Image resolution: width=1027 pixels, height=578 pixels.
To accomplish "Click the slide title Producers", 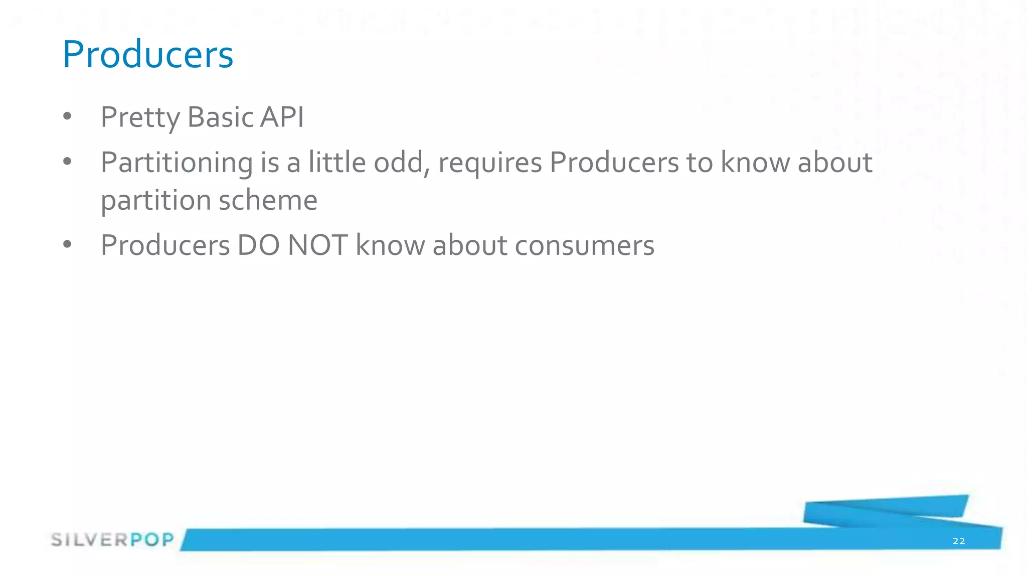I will click(147, 54).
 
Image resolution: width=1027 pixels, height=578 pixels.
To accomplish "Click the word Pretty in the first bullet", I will click(140, 117).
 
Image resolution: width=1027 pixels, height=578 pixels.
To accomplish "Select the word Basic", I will click(220, 117).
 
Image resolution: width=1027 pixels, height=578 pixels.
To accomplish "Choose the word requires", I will click(490, 163).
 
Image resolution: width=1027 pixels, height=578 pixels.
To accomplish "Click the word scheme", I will click(268, 200).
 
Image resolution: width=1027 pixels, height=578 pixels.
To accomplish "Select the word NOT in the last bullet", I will click(317, 245).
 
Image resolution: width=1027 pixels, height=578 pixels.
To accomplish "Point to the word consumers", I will click(584, 246).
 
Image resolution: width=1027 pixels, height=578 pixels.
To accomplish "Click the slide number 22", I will click(958, 541).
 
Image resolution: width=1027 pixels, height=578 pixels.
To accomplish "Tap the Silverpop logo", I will click(112, 540).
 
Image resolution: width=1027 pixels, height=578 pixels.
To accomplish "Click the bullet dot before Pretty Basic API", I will click(67, 117).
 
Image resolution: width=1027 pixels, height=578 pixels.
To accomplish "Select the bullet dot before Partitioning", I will click(67, 162).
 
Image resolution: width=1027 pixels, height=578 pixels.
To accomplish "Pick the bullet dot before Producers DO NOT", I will click(67, 244).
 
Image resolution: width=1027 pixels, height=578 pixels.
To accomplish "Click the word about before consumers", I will click(470, 245).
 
